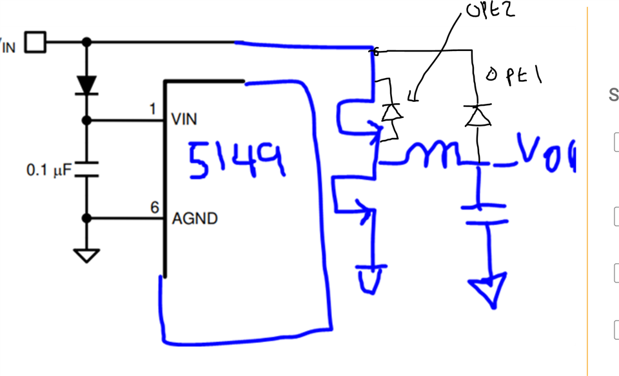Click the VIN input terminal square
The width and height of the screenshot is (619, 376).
35,43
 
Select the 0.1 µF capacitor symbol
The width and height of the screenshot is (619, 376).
87,170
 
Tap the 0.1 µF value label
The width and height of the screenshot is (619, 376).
49,170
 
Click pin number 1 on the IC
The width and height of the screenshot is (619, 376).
153,110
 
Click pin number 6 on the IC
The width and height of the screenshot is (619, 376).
154,208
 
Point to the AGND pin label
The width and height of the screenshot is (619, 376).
195,219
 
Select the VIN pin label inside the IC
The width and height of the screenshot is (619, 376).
184,119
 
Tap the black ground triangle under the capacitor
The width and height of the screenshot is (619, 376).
87,255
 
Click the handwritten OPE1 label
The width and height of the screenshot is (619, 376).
514,77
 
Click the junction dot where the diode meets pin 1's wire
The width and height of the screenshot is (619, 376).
87,120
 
